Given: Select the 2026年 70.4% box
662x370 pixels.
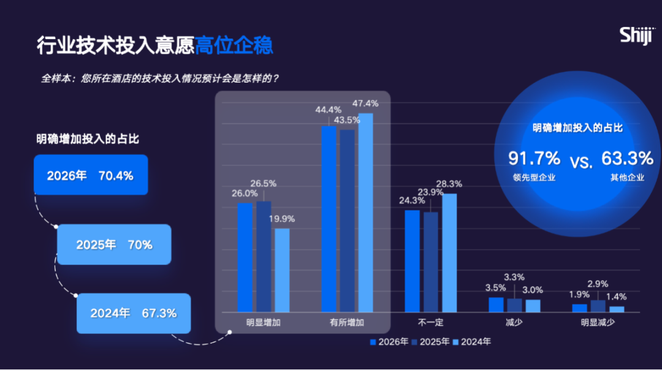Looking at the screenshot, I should [91, 175].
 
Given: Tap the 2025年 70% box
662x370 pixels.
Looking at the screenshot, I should [114, 244].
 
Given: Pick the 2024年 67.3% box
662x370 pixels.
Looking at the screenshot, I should [134, 313].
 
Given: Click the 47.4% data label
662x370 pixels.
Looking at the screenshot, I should [365, 104].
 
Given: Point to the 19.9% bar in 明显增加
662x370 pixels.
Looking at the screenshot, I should [282, 270].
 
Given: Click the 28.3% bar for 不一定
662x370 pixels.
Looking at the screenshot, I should [449, 252].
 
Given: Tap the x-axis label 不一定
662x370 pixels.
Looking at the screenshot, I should [430, 322].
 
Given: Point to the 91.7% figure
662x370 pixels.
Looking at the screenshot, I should [534, 159].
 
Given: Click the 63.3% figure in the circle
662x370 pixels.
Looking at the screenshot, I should [627, 159].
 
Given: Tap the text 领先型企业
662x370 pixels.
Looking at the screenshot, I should [534, 178].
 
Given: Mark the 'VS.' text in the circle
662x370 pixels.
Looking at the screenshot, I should [581, 162].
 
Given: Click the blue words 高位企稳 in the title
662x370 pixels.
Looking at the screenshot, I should [234, 46].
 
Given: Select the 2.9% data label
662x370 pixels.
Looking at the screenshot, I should [598, 284].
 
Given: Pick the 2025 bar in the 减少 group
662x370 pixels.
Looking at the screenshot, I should [515, 305].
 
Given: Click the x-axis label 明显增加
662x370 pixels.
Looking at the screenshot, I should [264, 322].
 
